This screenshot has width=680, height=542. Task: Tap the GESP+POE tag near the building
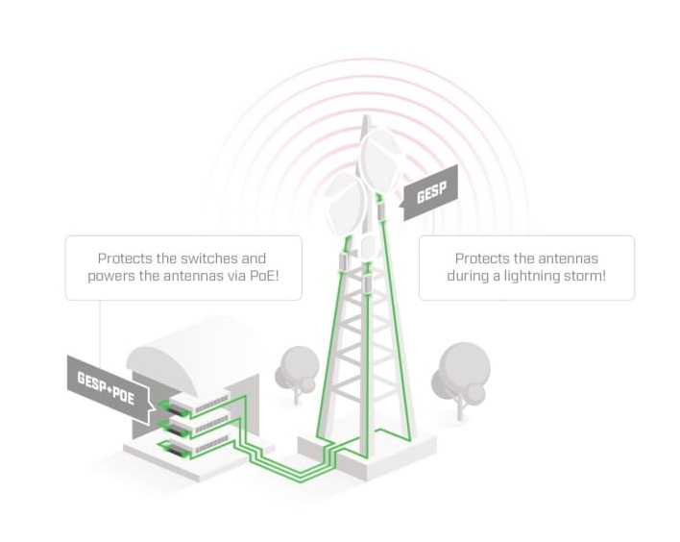pyautogui.click(x=107, y=386)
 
